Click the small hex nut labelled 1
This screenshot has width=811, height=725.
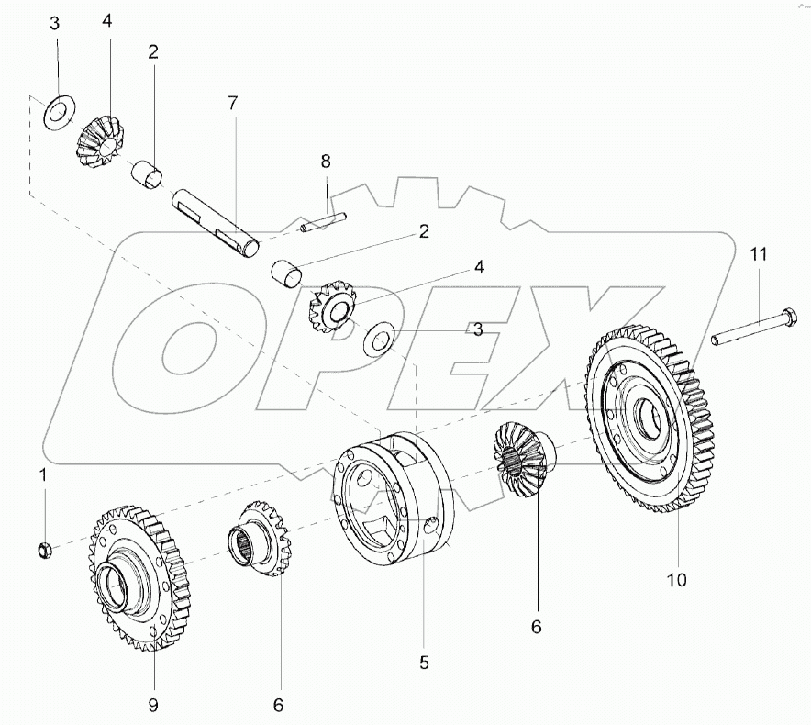pos(44,549)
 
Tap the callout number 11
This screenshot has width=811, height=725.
pos(758,254)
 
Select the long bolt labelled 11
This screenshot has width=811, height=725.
pos(753,327)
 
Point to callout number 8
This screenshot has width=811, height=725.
pos(326,161)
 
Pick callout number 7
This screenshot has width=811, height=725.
pos(233,104)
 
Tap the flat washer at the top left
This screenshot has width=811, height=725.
pos(59,113)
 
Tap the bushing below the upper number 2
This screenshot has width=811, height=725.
pos(148,174)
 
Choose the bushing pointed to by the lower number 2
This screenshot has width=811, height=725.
pos(286,274)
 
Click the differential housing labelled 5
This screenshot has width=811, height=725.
pos(392,498)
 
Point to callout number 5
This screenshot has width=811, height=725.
pos(424,663)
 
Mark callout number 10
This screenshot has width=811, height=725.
pos(676,580)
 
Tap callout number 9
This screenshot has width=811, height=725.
pos(153,704)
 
